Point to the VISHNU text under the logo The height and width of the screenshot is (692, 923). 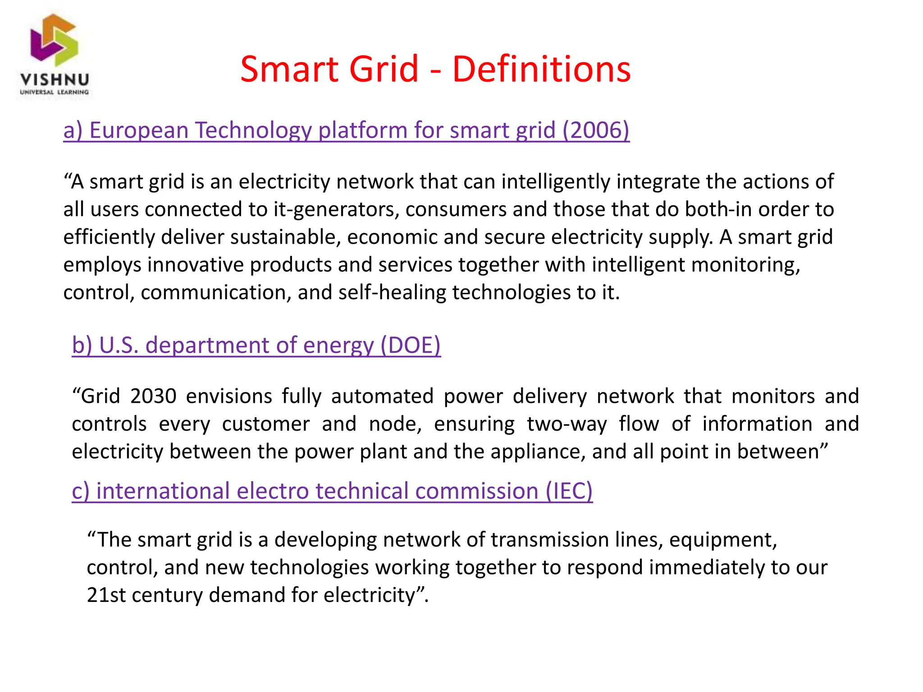pos(55,80)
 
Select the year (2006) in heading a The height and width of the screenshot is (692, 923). pos(596,130)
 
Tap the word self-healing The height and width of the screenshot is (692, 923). pos(392,292)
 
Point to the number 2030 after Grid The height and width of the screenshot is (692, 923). pos(153,396)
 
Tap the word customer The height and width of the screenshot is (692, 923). pos(266,424)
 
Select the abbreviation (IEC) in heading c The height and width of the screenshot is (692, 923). pos(569,491)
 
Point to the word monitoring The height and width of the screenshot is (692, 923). pos(745,265)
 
